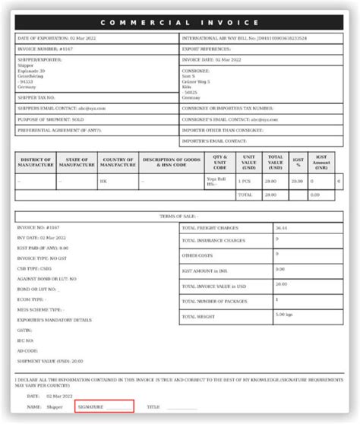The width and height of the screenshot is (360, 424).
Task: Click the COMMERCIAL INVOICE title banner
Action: coord(180,22)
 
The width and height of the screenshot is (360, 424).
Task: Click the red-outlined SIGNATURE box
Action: coord(104,407)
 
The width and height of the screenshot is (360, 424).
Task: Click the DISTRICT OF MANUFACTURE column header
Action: coord(35,162)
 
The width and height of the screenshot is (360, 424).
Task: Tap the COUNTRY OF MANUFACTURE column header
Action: coord(118,162)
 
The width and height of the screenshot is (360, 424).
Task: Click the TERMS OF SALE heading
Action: coord(179,217)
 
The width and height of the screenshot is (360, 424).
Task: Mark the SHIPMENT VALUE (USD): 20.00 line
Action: coord(50,361)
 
